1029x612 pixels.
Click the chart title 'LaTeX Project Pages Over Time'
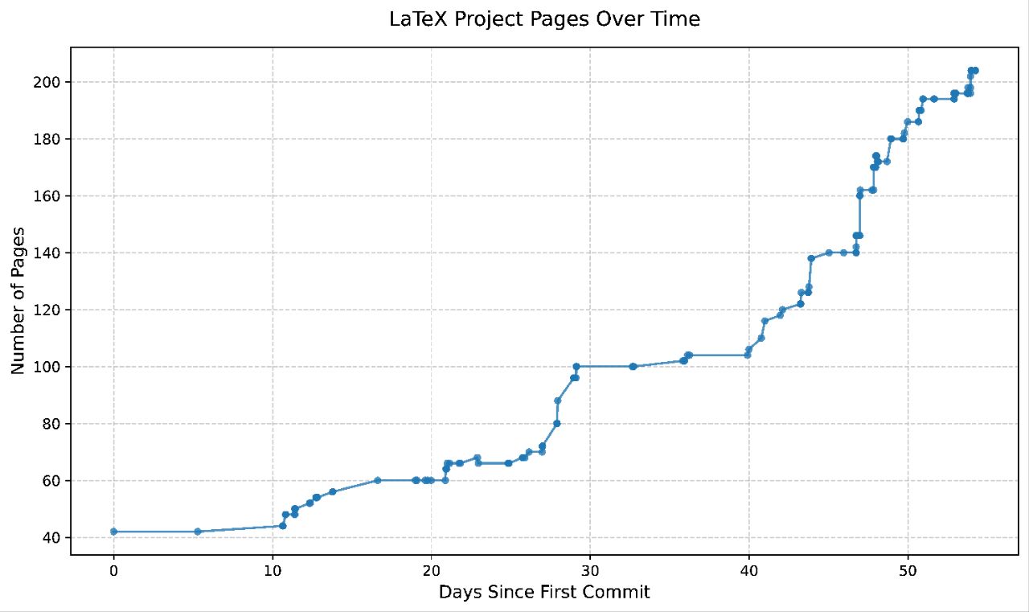(x=544, y=19)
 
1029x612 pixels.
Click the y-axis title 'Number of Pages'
(x=18, y=300)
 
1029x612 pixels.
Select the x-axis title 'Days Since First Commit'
(x=544, y=594)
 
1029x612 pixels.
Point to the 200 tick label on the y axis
(x=51, y=82)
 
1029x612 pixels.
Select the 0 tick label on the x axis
(x=113, y=571)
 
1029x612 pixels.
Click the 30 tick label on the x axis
(x=590, y=571)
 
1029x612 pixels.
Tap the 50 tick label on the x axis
(x=908, y=571)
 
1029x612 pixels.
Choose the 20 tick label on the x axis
(x=432, y=571)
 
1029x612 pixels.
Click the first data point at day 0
(x=113, y=532)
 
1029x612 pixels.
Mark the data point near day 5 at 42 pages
(x=198, y=532)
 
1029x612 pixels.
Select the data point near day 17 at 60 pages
(x=377, y=480)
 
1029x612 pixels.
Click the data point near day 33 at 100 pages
(x=633, y=367)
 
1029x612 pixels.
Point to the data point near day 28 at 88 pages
(x=558, y=400)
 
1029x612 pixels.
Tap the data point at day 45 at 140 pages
(x=829, y=253)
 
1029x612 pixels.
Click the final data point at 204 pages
(x=975, y=71)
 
